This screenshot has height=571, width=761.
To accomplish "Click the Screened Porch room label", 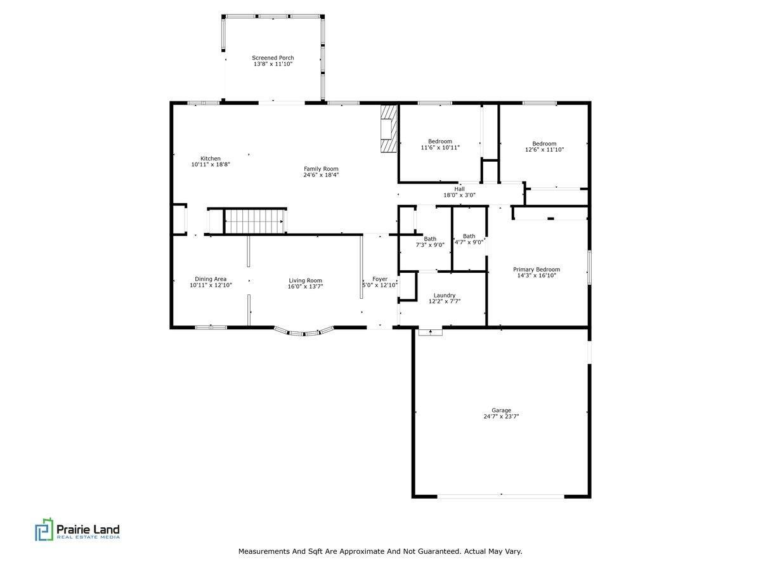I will click(273, 58).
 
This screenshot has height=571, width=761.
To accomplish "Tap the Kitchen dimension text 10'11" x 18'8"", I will click(211, 165).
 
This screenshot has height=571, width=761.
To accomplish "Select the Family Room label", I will click(321, 169).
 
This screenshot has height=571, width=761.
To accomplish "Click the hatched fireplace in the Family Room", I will click(387, 129).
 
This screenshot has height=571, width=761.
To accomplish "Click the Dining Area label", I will click(211, 279).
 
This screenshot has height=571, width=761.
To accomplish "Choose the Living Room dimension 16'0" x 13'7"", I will click(305, 287).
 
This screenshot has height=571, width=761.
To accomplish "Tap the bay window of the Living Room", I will click(304, 331).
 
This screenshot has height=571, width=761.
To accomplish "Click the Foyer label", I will click(380, 279).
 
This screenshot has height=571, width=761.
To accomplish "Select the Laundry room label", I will click(445, 295).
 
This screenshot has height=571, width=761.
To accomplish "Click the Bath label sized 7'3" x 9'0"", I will click(430, 239).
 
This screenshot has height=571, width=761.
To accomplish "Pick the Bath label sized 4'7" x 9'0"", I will click(469, 236).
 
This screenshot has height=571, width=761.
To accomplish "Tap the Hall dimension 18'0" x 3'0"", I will click(459, 195).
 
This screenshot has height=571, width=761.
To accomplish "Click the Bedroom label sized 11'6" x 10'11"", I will click(440, 141).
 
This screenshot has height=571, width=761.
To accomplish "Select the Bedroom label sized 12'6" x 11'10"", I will click(544, 143).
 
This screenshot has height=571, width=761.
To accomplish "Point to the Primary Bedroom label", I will click(537, 270).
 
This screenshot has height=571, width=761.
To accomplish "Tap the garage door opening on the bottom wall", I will click(501, 496).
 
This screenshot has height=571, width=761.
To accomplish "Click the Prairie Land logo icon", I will click(44, 530).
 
